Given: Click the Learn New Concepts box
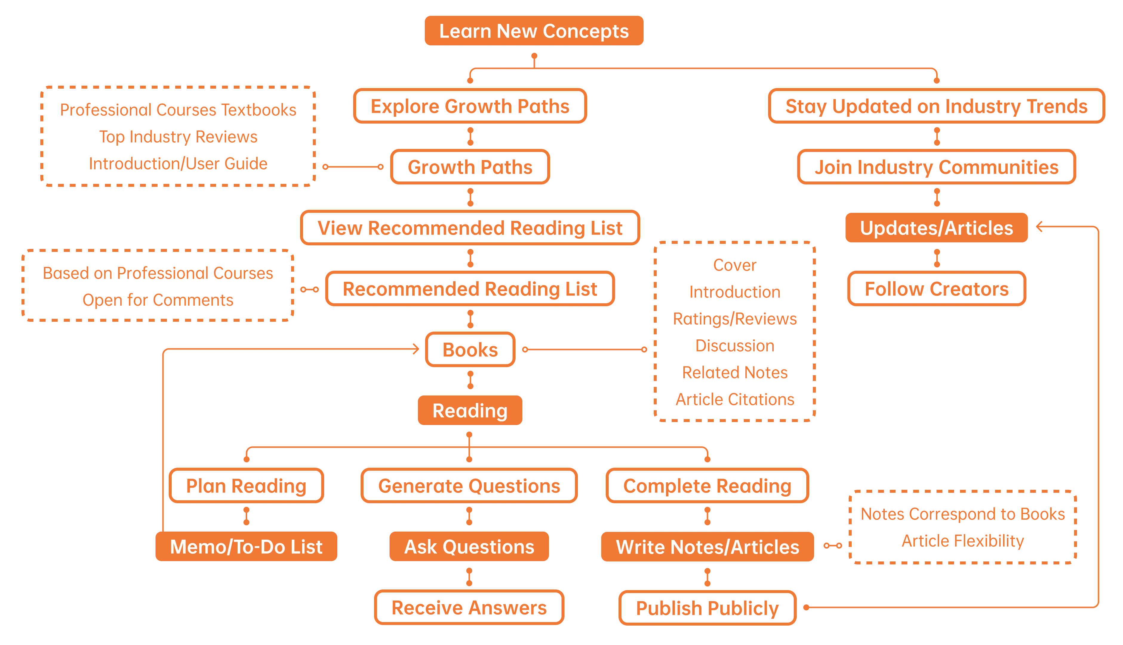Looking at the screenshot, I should [533, 30].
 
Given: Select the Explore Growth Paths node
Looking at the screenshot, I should [470, 106].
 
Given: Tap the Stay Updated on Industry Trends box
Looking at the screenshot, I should [936, 106].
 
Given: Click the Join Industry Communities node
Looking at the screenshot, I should [936, 167].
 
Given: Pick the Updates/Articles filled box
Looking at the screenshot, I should [936, 228].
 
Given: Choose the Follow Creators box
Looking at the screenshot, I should [936, 289].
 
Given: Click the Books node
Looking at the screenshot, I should [470, 350].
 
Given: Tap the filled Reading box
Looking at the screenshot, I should [470, 410].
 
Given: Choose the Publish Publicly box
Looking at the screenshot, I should [707, 607].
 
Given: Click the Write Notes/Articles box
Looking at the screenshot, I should [707, 547].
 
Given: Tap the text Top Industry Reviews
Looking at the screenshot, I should [178, 136].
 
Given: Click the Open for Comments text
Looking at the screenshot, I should [158, 300].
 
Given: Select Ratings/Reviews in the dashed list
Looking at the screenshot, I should [735, 318].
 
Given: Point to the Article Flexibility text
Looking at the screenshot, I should [962, 541].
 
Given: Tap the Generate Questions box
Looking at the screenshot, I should [469, 486].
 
